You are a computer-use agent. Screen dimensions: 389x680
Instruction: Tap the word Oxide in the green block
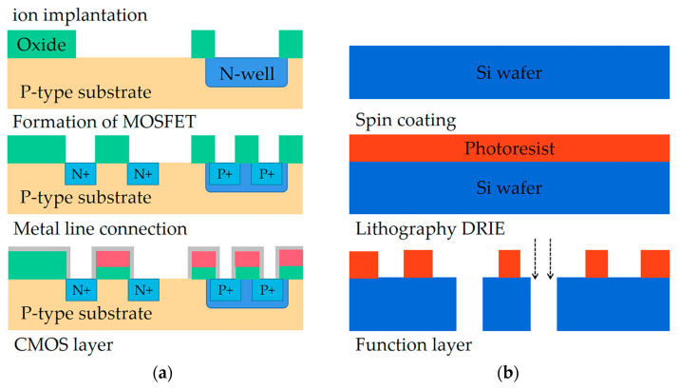[x=42, y=45]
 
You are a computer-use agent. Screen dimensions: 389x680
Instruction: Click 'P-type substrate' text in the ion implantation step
[x=85, y=92]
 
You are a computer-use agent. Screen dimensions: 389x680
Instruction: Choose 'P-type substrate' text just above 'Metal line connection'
[x=85, y=199]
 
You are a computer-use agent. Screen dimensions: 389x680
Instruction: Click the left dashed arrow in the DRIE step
[x=534, y=263]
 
